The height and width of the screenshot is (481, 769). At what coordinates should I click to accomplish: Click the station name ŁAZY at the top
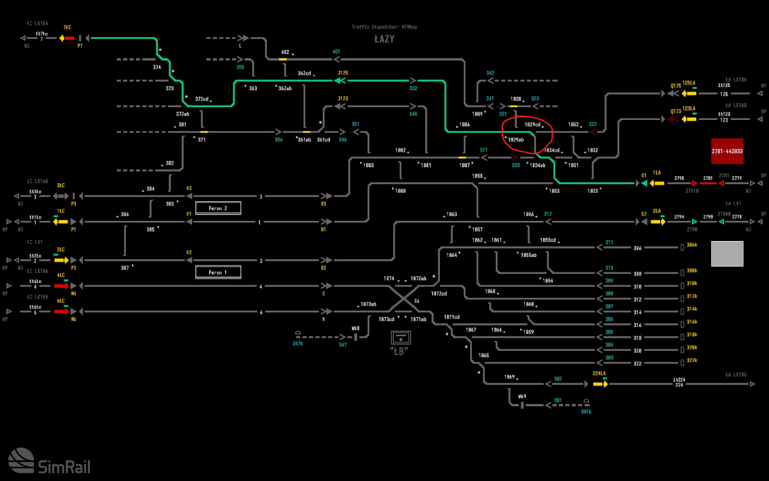point(384,38)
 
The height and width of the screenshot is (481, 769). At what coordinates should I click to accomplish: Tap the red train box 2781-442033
point(727,152)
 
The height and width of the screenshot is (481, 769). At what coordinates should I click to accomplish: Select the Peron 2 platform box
point(218,208)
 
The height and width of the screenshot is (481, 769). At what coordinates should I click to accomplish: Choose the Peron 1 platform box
point(218,272)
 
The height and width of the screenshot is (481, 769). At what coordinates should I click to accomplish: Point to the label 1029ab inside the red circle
point(515,139)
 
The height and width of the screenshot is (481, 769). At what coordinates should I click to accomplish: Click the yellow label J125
point(343,73)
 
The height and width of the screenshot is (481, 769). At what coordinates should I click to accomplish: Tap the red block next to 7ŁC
point(68,38)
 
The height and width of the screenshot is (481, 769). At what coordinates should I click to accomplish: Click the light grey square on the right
point(727,253)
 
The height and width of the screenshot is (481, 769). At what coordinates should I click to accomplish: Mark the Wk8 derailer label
point(355,329)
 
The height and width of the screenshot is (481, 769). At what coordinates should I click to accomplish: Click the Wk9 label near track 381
point(522,396)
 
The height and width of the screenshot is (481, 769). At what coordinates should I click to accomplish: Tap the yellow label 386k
point(691,245)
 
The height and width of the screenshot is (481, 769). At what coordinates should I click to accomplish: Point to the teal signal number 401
point(336,52)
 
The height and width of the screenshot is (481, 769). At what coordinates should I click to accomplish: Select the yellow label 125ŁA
point(688,82)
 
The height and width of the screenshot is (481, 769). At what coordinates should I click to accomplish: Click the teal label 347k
point(298,344)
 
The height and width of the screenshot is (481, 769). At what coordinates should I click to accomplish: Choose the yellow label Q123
point(676,112)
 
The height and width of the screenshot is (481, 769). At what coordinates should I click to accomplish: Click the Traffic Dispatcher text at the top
point(384,27)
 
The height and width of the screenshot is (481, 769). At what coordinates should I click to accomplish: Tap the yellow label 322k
point(691,360)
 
